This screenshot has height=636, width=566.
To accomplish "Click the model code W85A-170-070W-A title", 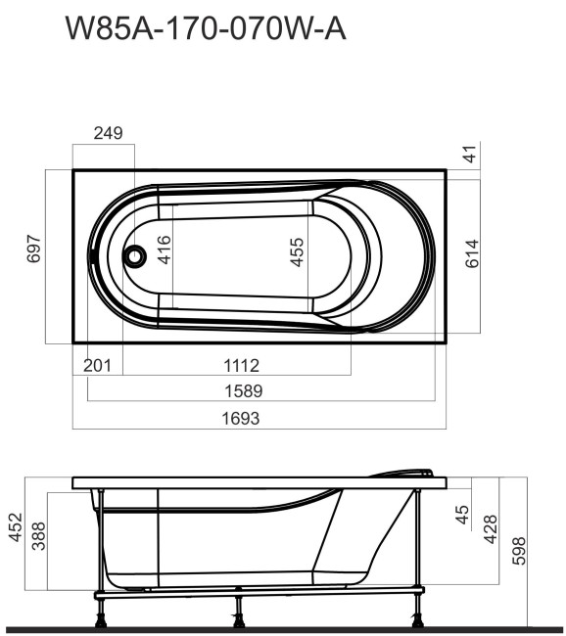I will (x=205, y=29).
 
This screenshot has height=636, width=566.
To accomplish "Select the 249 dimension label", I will (x=108, y=134).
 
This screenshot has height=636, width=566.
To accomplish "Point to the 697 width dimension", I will (x=32, y=253).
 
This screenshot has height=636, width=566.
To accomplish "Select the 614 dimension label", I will (x=472, y=255).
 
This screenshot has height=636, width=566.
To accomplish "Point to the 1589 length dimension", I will (x=243, y=390).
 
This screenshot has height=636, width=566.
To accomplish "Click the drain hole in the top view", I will (x=134, y=257).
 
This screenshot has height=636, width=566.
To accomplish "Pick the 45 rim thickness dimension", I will (x=463, y=513).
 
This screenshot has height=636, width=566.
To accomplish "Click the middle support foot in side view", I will (x=238, y=614).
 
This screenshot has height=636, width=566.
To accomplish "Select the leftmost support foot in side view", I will (x=100, y=614).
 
